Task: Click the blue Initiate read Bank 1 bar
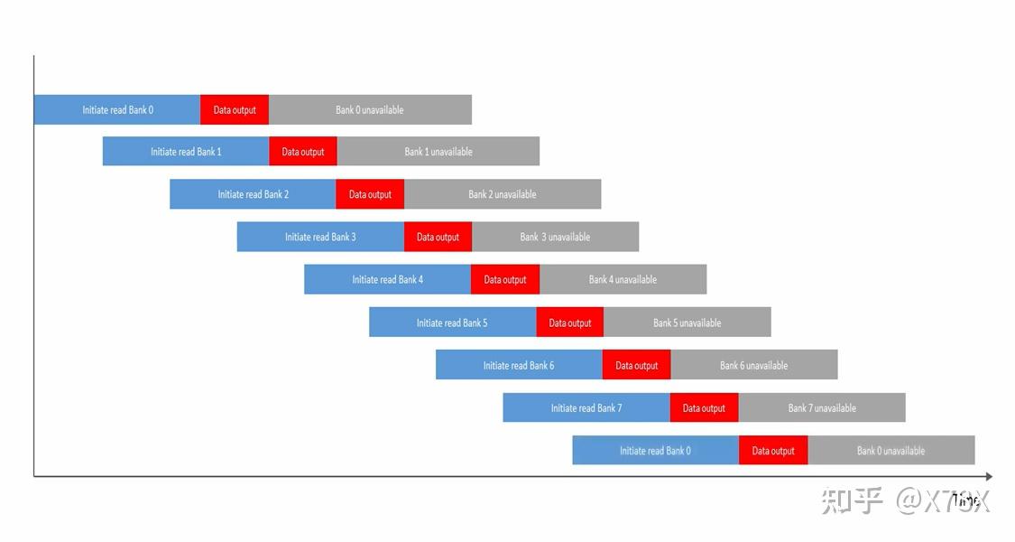coord(186,152)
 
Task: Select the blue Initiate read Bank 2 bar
coord(253,194)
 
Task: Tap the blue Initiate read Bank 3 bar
coord(320,237)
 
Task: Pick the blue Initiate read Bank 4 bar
coord(387,279)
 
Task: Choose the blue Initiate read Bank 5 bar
coord(452,322)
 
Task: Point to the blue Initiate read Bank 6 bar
coord(519,365)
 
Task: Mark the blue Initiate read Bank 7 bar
coord(586,407)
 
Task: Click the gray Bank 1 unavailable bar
coord(438,152)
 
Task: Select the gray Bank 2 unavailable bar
coord(503,194)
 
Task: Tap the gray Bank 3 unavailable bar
coord(555,237)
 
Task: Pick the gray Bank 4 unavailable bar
coord(623,279)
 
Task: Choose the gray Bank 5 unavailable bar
coord(687,322)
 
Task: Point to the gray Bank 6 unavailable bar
coord(754,365)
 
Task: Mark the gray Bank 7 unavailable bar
coord(822,407)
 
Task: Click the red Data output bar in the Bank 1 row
coord(303,152)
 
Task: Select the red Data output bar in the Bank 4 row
coord(505,279)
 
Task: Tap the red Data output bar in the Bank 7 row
coord(704,407)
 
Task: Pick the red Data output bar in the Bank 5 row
coord(570,322)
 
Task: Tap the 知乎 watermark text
coord(852,500)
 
